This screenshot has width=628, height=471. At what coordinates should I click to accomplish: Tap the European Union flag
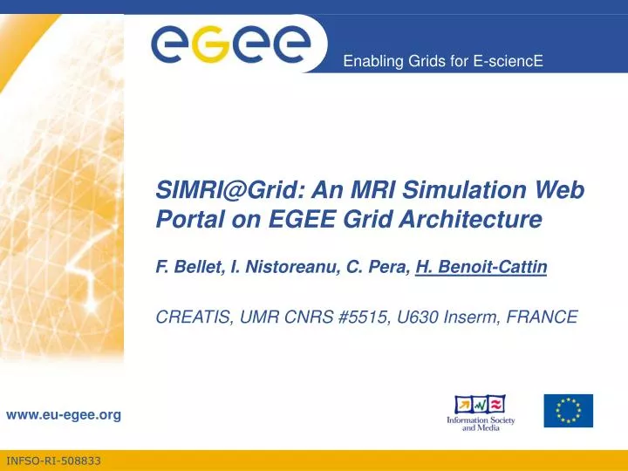pyautogui.click(x=568, y=410)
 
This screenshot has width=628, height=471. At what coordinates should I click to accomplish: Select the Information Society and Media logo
pyautogui.click(x=481, y=414)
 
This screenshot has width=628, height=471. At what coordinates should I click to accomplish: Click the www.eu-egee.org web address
pyautogui.click(x=64, y=415)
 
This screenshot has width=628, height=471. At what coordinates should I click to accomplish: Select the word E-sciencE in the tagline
pyautogui.click(x=512, y=60)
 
